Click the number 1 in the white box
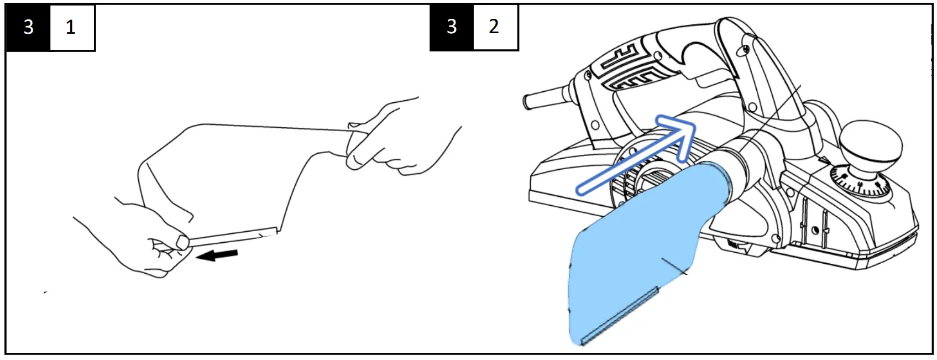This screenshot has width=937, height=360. pos(71,27)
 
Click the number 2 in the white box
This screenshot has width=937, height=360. pos(495,27)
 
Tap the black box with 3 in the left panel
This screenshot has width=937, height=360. pos(28,27)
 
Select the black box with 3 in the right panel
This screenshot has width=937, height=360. pos(452,27)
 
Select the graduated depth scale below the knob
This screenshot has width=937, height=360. pos(860,182)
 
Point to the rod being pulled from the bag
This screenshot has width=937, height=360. pos(232,236)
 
